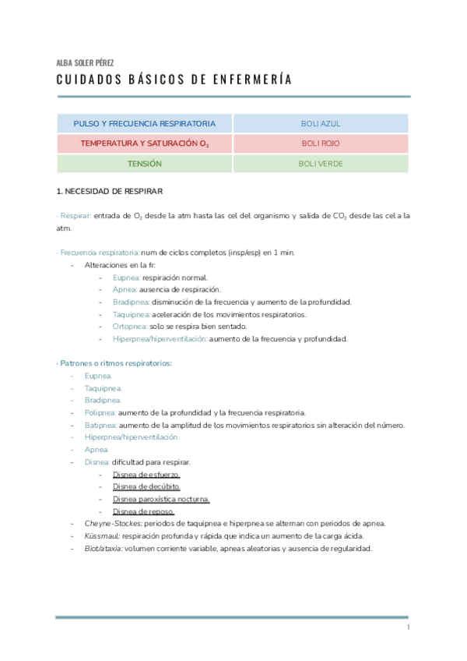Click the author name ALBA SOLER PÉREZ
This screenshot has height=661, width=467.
click(86, 63)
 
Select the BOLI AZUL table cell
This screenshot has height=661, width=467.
click(321, 124)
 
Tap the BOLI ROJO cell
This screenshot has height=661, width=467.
click(321, 144)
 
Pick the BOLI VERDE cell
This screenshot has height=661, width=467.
click(321, 164)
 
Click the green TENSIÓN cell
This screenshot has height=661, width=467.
click(145, 164)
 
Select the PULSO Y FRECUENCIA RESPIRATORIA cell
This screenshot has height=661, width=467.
click(145, 124)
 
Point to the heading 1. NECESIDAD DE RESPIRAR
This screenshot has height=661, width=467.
click(110, 191)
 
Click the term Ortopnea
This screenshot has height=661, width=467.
click(129, 327)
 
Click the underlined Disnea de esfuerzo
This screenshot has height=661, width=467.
click(146, 475)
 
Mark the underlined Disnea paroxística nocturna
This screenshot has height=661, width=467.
click(161, 499)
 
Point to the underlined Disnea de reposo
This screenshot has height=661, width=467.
click(143, 511)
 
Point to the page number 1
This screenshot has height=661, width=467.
click(408, 627)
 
